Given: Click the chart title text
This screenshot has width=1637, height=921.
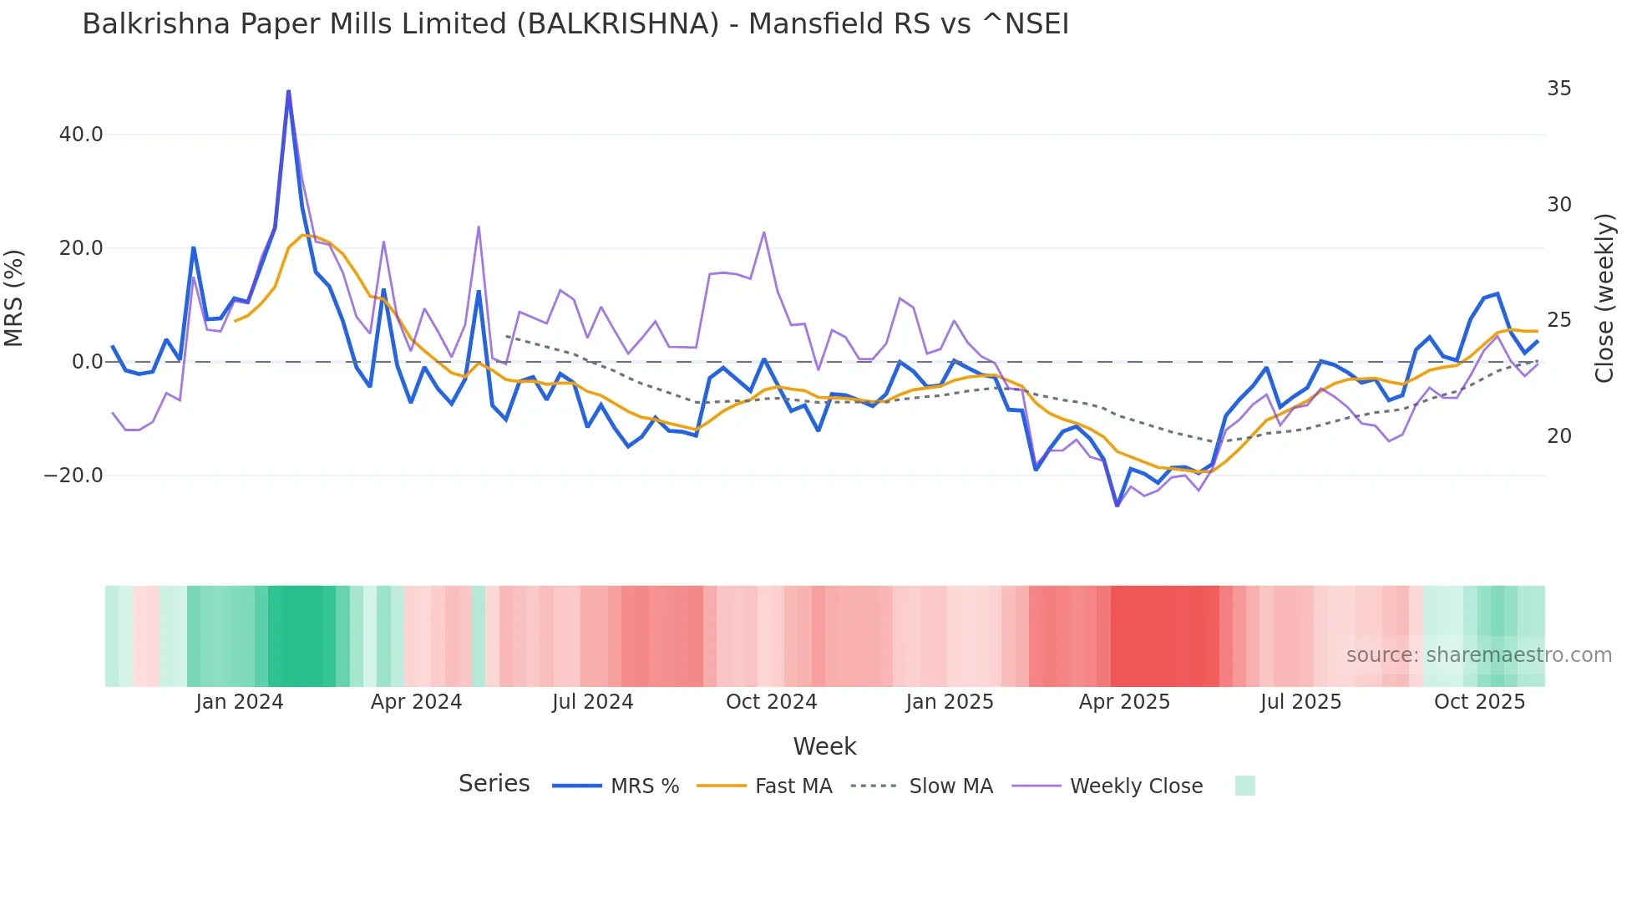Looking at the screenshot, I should pos(575,24).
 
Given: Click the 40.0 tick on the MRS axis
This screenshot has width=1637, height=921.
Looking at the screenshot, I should pos(81,135).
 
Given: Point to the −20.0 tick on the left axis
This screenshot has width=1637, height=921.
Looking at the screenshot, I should pos(73,476).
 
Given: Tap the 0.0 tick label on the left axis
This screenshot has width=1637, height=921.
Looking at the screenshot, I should pos(87,362).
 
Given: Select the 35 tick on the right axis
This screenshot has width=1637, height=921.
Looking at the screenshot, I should pos(1558,89).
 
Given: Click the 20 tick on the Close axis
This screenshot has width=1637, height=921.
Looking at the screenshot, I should pos(1558,436).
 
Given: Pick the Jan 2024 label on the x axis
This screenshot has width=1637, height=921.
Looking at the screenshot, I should pos(240,702).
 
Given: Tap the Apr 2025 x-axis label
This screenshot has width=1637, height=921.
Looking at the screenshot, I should pos(1124,702).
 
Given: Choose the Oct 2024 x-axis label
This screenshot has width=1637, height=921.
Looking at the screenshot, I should pos(771,702).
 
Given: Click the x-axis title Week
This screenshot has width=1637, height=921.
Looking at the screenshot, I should pos(824,746).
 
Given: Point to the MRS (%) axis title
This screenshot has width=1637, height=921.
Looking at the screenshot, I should pos(14,298).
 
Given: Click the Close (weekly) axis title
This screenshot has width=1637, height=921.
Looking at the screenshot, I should pos(1604,298).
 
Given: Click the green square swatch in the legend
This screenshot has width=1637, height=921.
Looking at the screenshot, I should pos(1244,786).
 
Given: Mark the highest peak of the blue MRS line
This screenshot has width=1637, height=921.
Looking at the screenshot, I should pos(288,90).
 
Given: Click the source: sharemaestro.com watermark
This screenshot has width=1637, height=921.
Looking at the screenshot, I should pos(1478,655).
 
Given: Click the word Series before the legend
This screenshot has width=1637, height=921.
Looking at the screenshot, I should pos(494,784).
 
